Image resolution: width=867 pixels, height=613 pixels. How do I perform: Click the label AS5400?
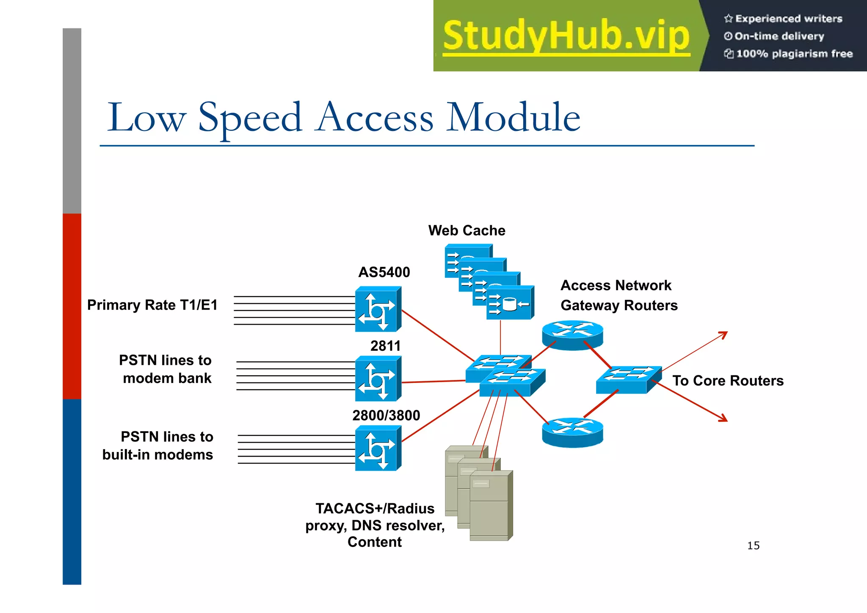point(384,272)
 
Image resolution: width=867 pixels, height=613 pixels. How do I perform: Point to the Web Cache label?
point(467,230)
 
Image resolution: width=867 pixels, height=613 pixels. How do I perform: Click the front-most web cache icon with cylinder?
point(510,303)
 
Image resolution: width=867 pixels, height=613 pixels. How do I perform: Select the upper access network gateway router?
point(572,335)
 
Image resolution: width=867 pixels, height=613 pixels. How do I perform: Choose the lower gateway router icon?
point(572,432)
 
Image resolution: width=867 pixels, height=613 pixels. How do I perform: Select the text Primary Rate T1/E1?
point(152,305)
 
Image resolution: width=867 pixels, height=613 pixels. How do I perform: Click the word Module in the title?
point(513,117)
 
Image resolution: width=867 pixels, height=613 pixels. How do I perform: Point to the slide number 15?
point(753,546)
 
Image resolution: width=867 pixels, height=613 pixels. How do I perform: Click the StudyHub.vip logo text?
point(566,36)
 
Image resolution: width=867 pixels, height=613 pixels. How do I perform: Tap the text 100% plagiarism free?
point(794,54)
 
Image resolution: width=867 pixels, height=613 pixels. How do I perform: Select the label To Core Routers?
point(728,380)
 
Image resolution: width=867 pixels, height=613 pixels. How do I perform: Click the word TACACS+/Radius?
point(375,508)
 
